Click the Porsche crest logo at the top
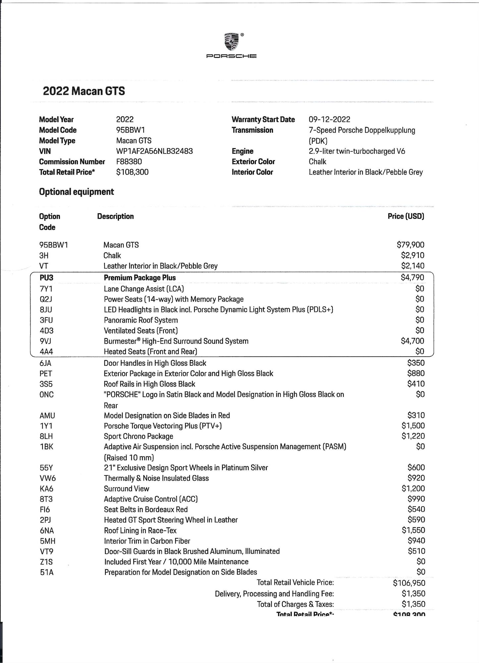[x=232, y=42]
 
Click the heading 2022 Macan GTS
[x=84, y=91]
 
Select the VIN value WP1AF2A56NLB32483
[x=154, y=151]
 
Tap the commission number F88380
[x=129, y=162]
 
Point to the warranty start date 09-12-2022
[x=329, y=119]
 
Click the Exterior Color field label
[x=253, y=162]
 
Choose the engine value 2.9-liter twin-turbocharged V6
[x=357, y=151]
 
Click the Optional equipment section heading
[x=76, y=192]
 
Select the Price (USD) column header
[x=406, y=216]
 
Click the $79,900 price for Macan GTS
[x=410, y=245]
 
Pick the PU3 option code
[x=46, y=278]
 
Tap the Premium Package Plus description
[x=140, y=278]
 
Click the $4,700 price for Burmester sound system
[x=412, y=341]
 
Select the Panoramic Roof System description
[x=141, y=320]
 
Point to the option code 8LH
[x=46, y=436]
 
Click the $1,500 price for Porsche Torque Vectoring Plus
[x=413, y=426]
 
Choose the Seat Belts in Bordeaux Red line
[x=146, y=510]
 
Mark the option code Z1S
[x=46, y=562]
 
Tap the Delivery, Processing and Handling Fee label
[x=274, y=594]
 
